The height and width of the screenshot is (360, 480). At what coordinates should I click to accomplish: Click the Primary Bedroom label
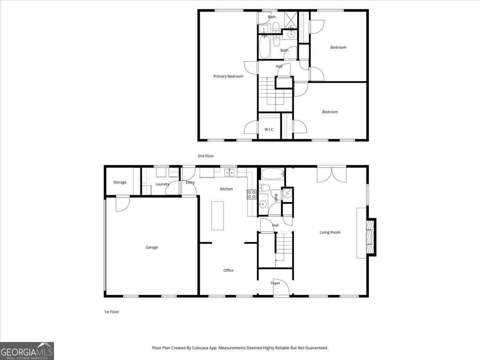click(x=228, y=76)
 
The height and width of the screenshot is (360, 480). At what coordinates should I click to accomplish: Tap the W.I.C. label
click(x=269, y=130)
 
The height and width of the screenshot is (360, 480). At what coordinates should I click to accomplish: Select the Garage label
click(x=152, y=248)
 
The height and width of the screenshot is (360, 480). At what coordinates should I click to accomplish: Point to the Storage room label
click(x=120, y=182)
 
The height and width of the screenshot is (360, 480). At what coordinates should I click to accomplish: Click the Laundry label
click(x=162, y=184)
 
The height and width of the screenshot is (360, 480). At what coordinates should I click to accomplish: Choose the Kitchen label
click(x=226, y=189)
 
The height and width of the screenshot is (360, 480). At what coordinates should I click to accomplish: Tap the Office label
click(x=228, y=270)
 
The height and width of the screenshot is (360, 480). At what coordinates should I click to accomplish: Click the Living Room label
click(x=330, y=232)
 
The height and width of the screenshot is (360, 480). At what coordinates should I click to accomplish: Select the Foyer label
click(x=275, y=283)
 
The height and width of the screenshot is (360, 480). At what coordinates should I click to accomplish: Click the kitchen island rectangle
click(x=218, y=216)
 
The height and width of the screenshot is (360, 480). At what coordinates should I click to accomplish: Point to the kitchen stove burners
click(x=251, y=194)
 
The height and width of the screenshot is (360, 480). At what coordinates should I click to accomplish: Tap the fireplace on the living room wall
click(x=370, y=237)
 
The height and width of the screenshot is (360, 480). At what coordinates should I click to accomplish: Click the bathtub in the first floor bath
click(x=272, y=174)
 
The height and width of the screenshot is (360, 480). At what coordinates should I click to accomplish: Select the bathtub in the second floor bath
click(x=264, y=48)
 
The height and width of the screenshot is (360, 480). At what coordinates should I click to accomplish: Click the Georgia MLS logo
click(x=27, y=351)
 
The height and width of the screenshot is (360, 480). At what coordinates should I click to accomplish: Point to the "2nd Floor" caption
click(x=206, y=156)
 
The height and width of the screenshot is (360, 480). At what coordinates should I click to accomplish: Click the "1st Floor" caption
click(x=112, y=312)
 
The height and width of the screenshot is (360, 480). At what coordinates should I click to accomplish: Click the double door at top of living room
click(x=332, y=174)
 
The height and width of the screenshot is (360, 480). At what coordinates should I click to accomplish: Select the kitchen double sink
click(x=229, y=173)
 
